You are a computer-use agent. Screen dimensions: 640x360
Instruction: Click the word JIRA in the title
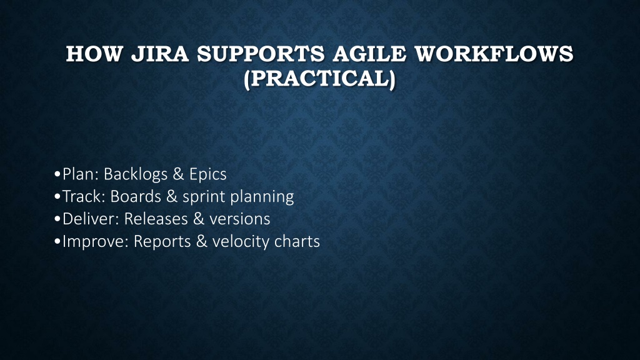[159, 54]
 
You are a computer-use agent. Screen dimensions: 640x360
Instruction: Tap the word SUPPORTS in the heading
[261, 54]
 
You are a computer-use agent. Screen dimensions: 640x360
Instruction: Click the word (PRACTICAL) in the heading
[319, 78]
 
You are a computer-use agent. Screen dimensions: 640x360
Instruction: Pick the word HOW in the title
[94, 54]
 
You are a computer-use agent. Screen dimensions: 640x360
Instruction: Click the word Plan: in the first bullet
[81, 174]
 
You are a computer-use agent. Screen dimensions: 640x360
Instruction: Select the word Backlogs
[136, 175]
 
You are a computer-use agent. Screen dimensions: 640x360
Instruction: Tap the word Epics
[207, 175]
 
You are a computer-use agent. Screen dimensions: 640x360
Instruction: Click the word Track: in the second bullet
[84, 196]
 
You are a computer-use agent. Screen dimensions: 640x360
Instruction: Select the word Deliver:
[91, 219]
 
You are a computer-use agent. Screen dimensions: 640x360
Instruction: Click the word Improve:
[96, 242]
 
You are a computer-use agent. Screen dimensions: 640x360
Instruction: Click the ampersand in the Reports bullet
[202, 241]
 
